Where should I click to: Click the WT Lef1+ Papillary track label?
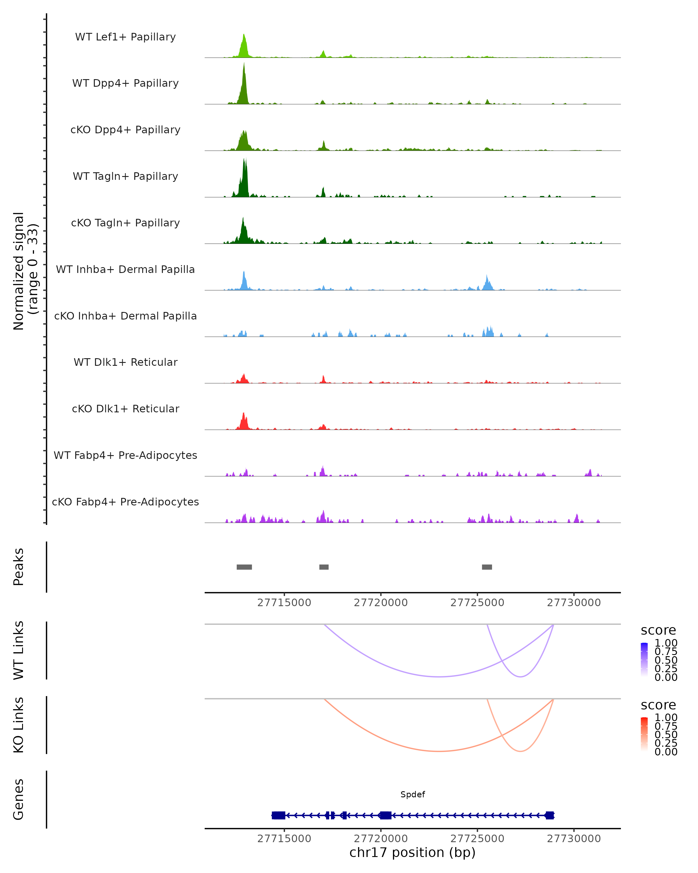point(125,37)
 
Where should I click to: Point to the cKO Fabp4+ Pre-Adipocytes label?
point(125,502)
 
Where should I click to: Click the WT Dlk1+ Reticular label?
point(125,362)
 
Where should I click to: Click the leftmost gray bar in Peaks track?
point(244,567)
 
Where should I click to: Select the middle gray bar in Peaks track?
point(324,567)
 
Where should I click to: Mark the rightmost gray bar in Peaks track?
point(487,567)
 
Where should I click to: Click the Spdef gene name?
point(412,794)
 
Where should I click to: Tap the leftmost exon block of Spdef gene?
point(278,815)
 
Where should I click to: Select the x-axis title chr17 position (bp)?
point(412,852)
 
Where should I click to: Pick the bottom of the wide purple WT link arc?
point(439,677)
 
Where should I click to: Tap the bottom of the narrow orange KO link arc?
point(520,751)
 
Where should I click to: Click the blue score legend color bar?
point(644,659)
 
